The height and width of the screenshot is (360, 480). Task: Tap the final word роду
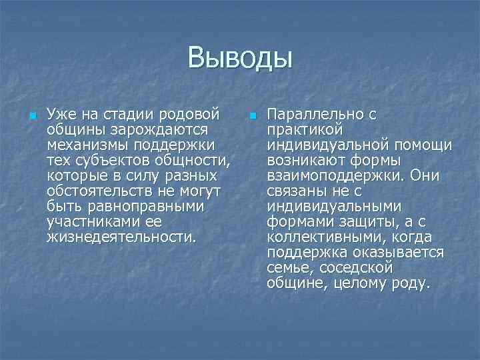[413, 283]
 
